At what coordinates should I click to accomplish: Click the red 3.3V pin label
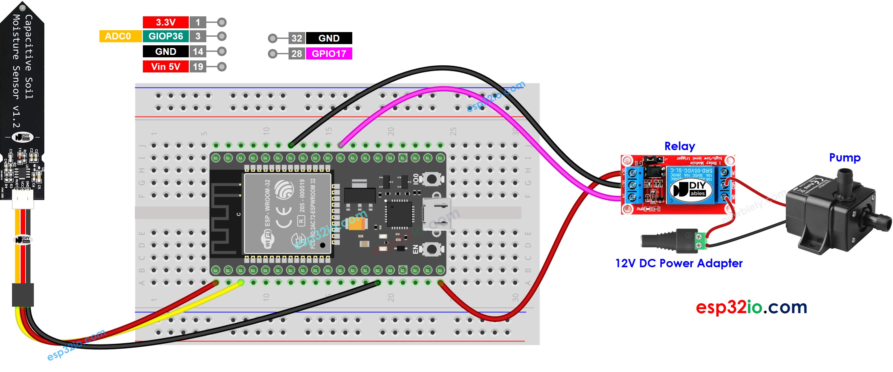point(165,22)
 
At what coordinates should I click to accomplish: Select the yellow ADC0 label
point(118,36)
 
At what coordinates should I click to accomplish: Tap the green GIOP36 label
point(165,36)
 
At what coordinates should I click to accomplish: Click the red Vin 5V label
point(165,67)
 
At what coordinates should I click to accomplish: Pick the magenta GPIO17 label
point(329,54)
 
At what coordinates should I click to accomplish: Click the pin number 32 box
point(297,38)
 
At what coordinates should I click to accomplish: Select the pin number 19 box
point(198,67)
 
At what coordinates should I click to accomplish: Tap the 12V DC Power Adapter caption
point(678,263)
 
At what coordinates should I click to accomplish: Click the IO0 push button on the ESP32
point(432,179)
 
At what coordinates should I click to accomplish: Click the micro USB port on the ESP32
point(437,214)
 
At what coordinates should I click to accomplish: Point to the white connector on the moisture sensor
point(23,201)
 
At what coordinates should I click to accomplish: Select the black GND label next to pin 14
point(165,51)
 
